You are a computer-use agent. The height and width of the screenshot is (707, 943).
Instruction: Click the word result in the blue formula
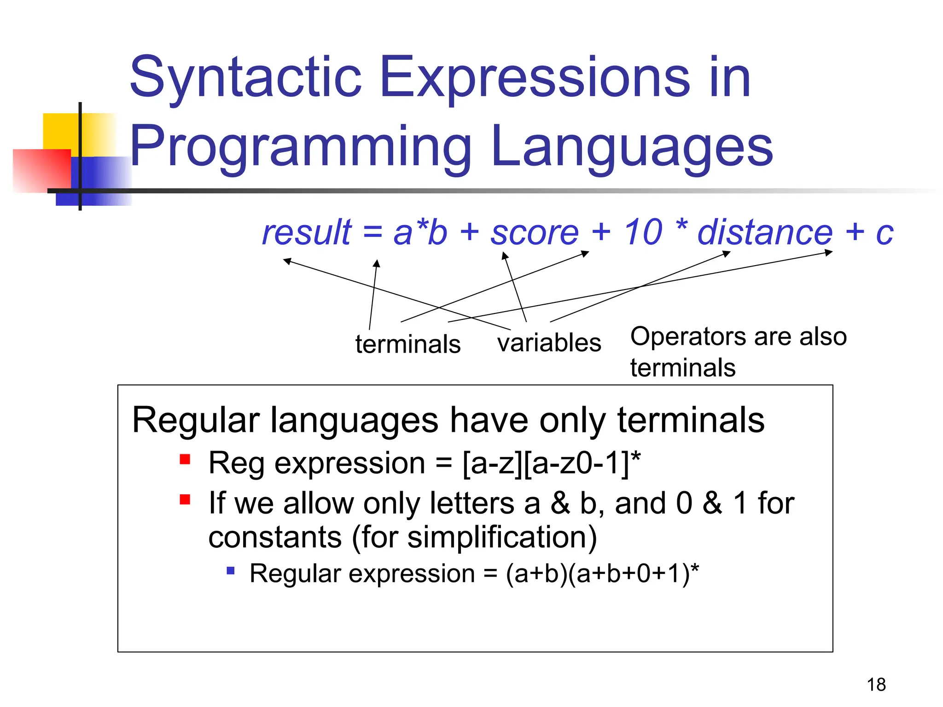pyautogui.click(x=307, y=232)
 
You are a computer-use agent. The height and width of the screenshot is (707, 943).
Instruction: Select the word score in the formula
pyautogui.click(x=534, y=232)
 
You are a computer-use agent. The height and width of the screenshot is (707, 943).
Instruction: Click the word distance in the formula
pyautogui.click(x=764, y=232)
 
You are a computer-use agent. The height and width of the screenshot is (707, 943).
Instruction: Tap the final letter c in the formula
pyautogui.click(x=884, y=233)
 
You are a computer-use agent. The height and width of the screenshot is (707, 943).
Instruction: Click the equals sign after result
pyautogui.click(x=373, y=232)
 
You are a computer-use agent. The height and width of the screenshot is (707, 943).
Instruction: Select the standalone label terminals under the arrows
pyautogui.click(x=408, y=344)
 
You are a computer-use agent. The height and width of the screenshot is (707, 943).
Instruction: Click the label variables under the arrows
pyautogui.click(x=549, y=343)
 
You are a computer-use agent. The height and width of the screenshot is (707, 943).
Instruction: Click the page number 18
pyautogui.click(x=876, y=684)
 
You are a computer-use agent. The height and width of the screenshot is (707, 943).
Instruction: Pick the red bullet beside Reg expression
pyautogui.click(x=185, y=459)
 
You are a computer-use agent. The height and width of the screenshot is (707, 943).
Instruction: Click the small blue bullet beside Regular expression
pyautogui.click(x=231, y=571)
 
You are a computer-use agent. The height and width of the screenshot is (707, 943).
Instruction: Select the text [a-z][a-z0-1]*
pyautogui.click(x=551, y=463)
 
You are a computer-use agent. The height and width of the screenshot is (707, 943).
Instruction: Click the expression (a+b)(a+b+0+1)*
pyautogui.click(x=602, y=574)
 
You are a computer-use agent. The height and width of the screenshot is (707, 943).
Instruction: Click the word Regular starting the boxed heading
pyautogui.click(x=196, y=420)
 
